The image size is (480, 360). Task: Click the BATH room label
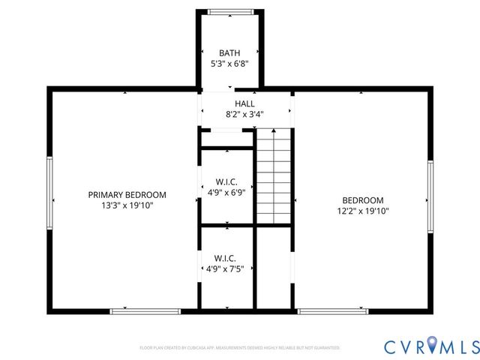point(229,52)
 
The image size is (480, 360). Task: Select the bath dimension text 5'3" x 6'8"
point(229,64)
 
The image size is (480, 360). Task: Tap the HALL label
point(244,104)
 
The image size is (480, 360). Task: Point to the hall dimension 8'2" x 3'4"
point(244,115)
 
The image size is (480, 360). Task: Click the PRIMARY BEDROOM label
point(127,194)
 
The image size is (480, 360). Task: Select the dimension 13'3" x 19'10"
point(127,205)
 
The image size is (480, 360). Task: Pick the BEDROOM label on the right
point(363,200)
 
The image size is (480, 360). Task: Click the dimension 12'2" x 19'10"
point(363,211)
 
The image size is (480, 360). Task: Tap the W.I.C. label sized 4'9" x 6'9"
point(226,181)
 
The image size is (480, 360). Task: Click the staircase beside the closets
point(274,176)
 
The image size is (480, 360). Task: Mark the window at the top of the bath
point(229,11)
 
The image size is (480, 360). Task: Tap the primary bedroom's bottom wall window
point(145,310)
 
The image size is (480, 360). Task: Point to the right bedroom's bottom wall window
point(332,310)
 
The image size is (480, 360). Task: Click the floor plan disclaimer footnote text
point(240,347)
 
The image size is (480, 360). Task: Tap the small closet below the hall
point(226,139)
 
